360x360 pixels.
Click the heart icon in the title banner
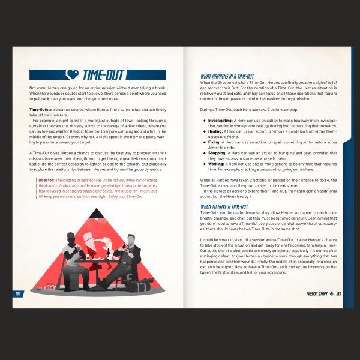pyautogui.click(x=71, y=75)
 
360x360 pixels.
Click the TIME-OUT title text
pyautogui.click(x=103, y=75)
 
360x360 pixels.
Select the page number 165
pyautogui.click(x=338, y=293)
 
